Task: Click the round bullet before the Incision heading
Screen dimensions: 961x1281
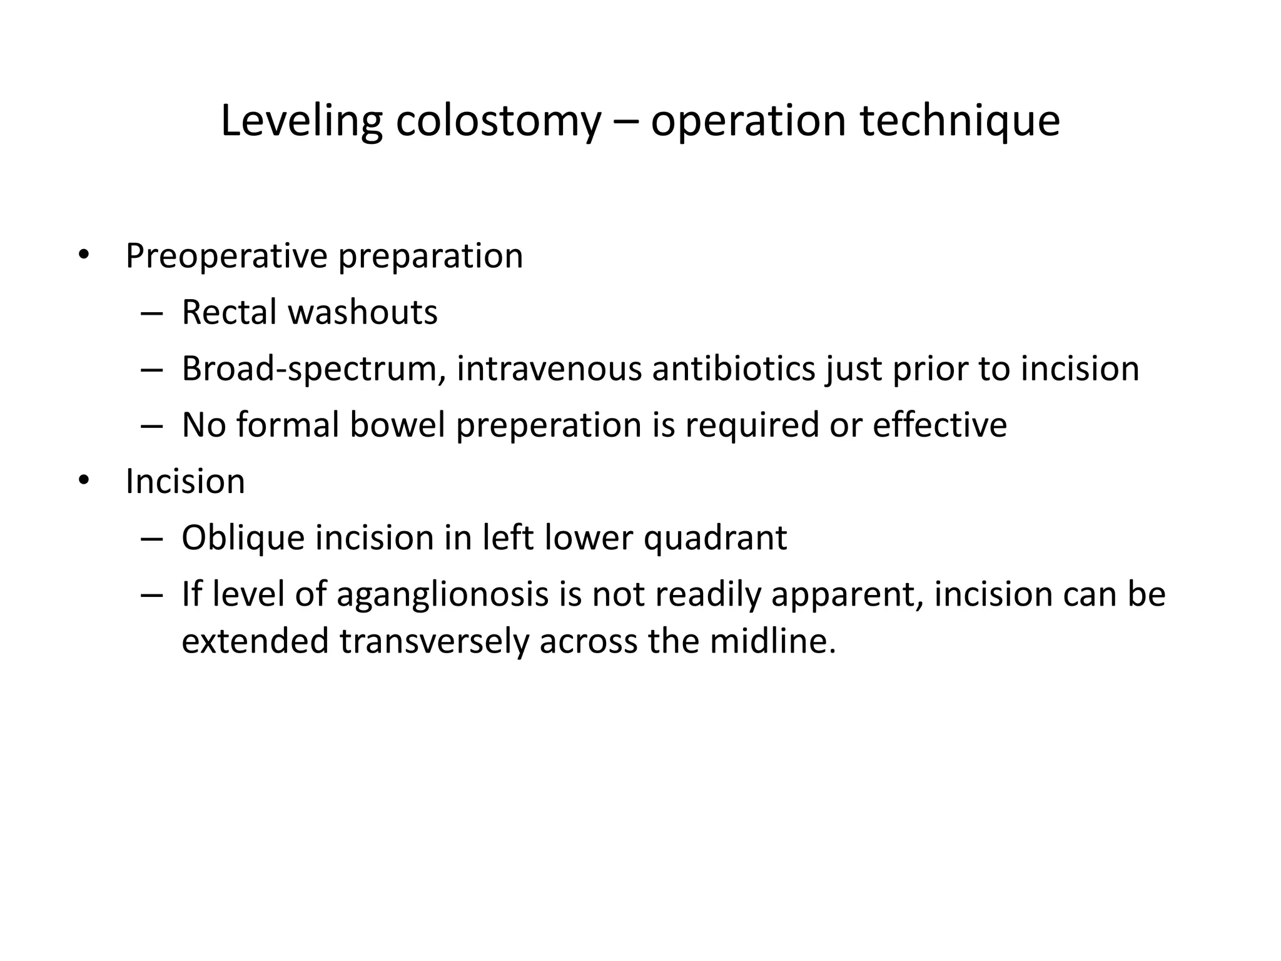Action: coord(84,481)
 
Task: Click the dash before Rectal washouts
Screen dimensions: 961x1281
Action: coord(151,313)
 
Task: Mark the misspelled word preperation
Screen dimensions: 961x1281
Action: coord(549,425)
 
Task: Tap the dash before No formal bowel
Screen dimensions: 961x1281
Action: coord(151,426)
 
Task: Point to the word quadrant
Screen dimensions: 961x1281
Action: coord(715,538)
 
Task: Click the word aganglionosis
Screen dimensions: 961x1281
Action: coord(442,594)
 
